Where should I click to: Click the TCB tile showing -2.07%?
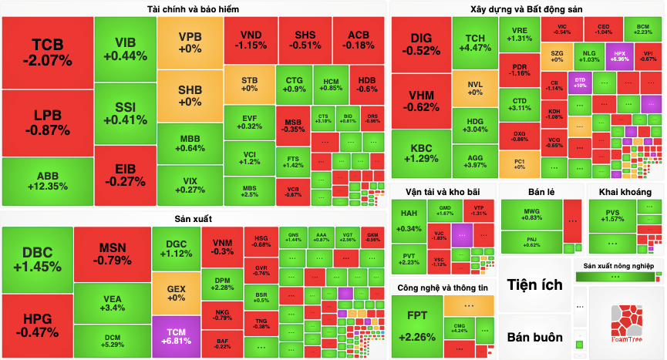click(47, 52)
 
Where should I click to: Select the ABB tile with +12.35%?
click(47, 182)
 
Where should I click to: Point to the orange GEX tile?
click(176, 293)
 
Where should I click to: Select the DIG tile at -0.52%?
click(421, 44)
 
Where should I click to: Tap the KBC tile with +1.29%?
click(421, 153)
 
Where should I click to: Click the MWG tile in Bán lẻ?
click(531, 214)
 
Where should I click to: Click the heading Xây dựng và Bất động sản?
click(527, 8)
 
